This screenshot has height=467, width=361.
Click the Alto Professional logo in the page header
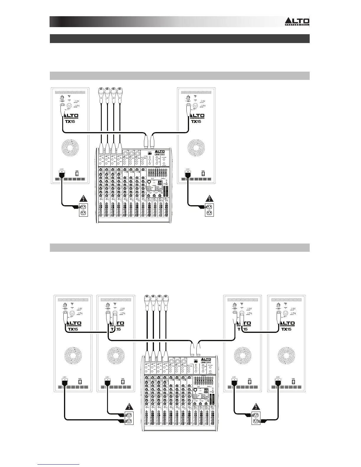tap(297, 21)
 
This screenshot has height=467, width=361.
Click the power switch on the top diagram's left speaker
tap(77, 173)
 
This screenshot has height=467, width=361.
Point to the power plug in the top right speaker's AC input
tap(187, 175)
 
